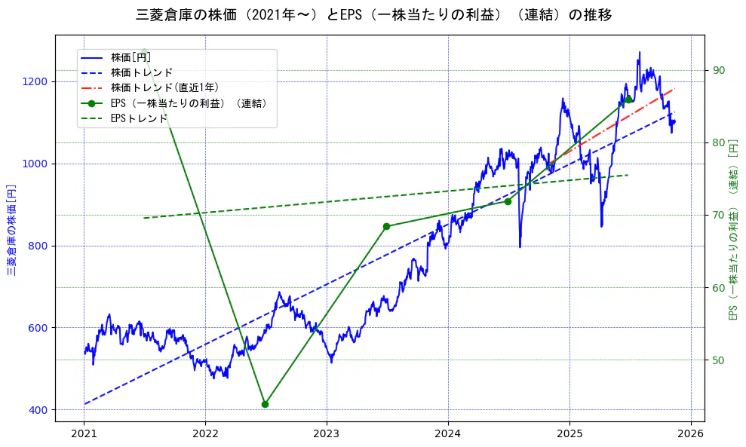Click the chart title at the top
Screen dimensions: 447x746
click(373, 15)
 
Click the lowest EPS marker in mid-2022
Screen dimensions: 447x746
click(265, 404)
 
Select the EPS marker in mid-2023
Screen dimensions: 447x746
click(386, 226)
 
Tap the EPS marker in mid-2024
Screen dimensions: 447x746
click(508, 201)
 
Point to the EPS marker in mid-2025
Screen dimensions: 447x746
click(628, 100)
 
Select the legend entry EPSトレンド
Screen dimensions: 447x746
click(139, 118)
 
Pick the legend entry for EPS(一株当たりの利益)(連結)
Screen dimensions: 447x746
click(189, 103)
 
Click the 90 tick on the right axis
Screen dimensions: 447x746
click(718, 71)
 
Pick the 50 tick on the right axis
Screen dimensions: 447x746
click(718, 360)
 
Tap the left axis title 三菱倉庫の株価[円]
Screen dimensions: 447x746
click(12, 230)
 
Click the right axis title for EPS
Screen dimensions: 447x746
click(732, 230)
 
